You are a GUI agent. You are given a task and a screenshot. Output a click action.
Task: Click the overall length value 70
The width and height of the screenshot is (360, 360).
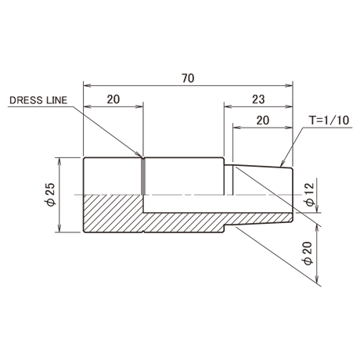(188, 78)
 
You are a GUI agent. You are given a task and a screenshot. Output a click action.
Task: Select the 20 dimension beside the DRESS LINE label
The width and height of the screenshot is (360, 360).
(113, 99)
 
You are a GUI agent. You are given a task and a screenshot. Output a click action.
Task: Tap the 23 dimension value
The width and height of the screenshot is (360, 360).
(258, 99)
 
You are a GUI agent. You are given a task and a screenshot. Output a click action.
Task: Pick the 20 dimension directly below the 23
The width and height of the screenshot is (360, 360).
(263, 121)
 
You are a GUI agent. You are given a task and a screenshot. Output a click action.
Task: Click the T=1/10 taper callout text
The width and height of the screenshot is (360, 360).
(329, 121)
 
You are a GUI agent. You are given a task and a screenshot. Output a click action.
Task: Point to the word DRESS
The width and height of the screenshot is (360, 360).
(26, 100)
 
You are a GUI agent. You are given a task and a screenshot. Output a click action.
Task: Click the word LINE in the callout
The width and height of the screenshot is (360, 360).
(56, 100)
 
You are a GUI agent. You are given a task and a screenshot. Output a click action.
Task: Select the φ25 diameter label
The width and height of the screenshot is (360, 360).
(51, 194)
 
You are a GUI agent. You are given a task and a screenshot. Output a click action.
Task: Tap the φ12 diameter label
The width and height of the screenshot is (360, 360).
(310, 195)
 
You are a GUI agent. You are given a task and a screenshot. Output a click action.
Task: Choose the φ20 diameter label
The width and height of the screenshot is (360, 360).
(308, 254)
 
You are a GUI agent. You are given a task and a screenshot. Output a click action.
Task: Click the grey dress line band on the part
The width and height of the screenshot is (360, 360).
(143, 177)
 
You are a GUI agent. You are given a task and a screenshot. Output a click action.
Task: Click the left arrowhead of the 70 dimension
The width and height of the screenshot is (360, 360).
(87, 85)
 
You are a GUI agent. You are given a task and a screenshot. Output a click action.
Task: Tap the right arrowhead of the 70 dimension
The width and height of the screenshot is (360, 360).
(289, 85)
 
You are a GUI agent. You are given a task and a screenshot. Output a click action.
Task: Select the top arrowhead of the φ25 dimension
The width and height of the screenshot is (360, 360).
(60, 161)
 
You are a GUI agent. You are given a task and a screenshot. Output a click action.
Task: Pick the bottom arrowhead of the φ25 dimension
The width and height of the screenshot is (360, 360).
(60, 229)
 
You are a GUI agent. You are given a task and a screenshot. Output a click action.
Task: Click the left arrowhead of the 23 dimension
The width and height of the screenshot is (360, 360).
(228, 106)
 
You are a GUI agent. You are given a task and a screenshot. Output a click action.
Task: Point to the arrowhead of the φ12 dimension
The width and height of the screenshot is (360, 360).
(317, 209)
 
